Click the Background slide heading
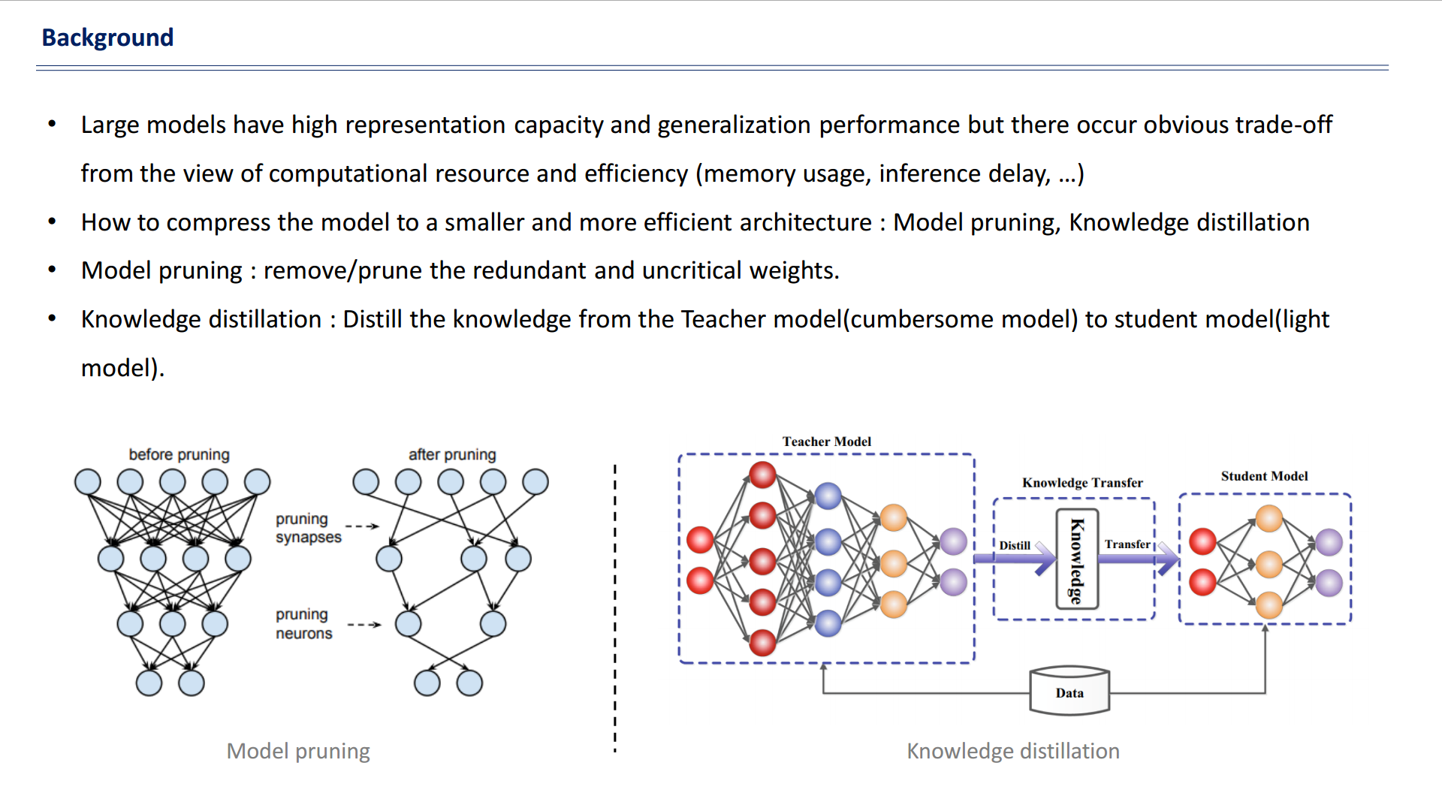click(x=107, y=38)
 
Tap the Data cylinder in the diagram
click(x=1069, y=691)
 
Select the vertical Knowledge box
click(x=1077, y=559)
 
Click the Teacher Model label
click(x=826, y=442)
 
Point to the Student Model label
click(x=1264, y=476)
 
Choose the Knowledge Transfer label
click(x=1082, y=483)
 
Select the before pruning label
click(x=179, y=454)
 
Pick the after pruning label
click(x=452, y=454)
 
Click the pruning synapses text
click(x=308, y=528)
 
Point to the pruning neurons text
click(x=303, y=623)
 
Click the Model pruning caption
click(x=298, y=751)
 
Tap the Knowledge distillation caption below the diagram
click(x=1013, y=751)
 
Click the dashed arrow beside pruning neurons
click(x=365, y=625)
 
